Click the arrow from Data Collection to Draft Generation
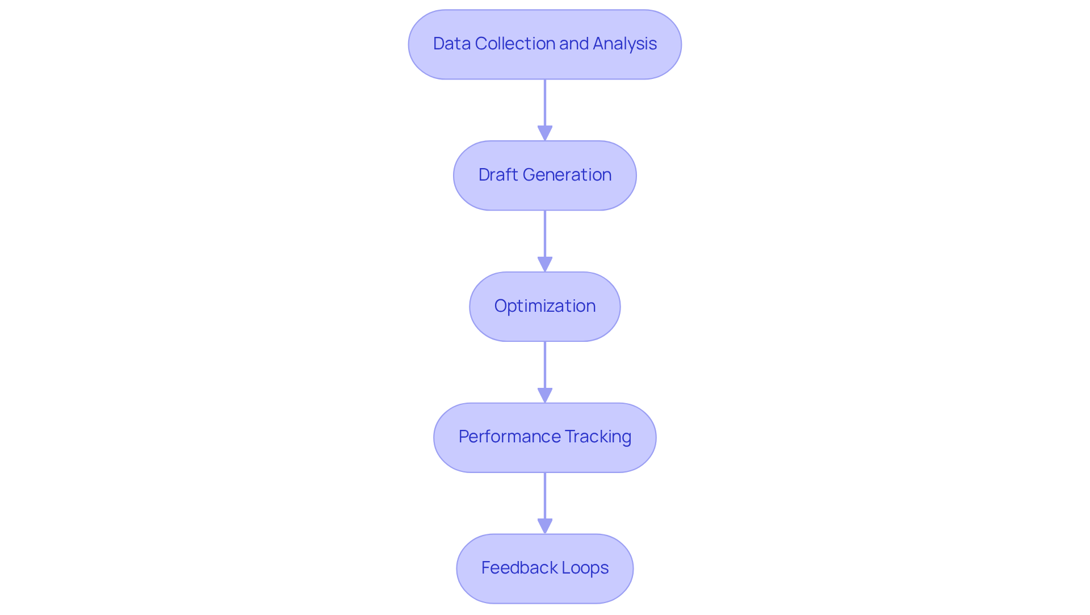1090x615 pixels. pos(544,105)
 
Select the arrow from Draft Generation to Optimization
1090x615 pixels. pos(544,236)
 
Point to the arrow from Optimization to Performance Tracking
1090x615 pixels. pos(544,367)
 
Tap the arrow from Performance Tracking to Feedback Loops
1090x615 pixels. pos(544,497)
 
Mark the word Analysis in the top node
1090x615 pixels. pos(624,44)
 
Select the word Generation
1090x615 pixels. pos(567,175)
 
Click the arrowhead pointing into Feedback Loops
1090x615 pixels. pos(544,526)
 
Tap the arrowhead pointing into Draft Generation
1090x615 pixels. pos(544,133)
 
